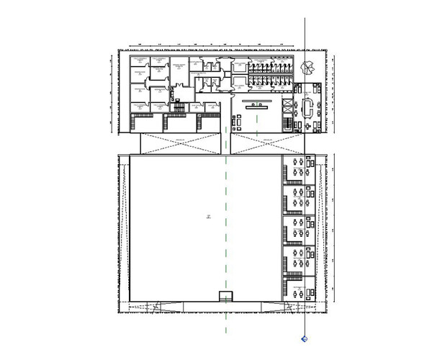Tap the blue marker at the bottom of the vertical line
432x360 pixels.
coord(303,337)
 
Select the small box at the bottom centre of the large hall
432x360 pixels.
coord(226,297)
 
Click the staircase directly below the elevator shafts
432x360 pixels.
coord(291,125)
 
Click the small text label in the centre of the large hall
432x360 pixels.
coord(205,217)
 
